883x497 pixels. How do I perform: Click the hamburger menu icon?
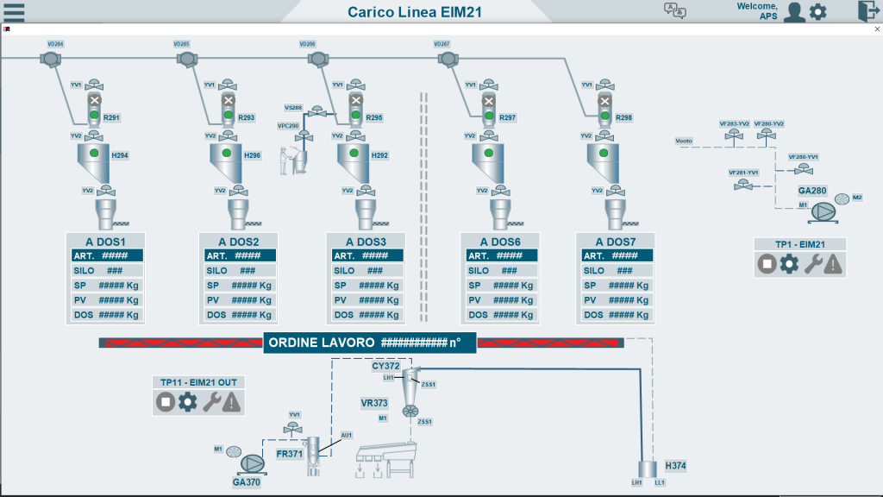pyautogui.click(x=14, y=11)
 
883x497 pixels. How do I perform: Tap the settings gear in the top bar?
pyautogui.click(x=817, y=11)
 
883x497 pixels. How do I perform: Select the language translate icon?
pyautogui.click(x=674, y=10)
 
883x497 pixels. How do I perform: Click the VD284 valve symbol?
pyautogui.click(x=50, y=59)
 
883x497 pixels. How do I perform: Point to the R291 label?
pyautogui.click(x=112, y=117)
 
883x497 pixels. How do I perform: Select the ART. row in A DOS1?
pyautogui.click(x=106, y=255)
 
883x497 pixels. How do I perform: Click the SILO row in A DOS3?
pyautogui.click(x=366, y=271)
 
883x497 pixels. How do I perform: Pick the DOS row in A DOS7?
pyautogui.click(x=615, y=315)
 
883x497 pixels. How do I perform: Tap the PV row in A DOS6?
pyautogui.click(x=499, y=300)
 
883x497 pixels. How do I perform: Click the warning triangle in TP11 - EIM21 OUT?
pyautogui.click(x=232, y=402)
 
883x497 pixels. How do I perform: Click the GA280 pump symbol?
pyautogui.click(x=820, y=211)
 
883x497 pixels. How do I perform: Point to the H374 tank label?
pyautogui.click(x=675, y=466)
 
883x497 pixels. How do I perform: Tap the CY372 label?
pyautogui.click(x=386, y=366)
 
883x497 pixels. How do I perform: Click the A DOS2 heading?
pyautogui.click(x=239, y=242)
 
